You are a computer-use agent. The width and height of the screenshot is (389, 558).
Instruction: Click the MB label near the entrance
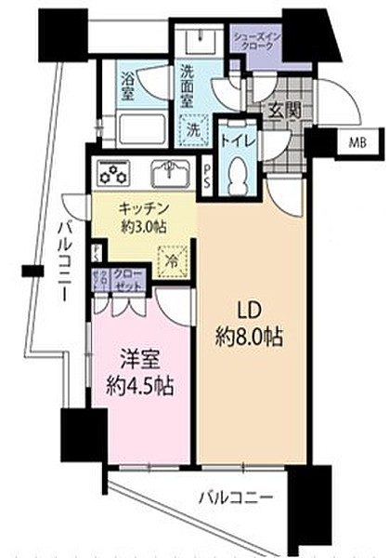pyautogui.click(x=357, y=142)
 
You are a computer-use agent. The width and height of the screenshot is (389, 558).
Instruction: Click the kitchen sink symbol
pyautogui.click(x=171, y=173)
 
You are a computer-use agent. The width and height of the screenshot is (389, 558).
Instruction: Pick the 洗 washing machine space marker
pyautogui.click(x=190, y=127)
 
